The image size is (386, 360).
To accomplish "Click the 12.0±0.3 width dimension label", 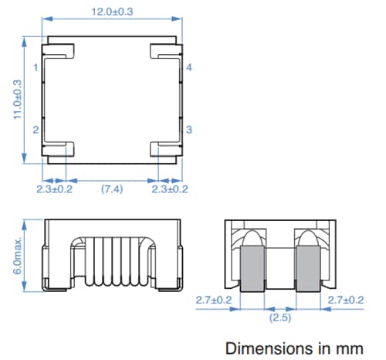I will tap(112, 12).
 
